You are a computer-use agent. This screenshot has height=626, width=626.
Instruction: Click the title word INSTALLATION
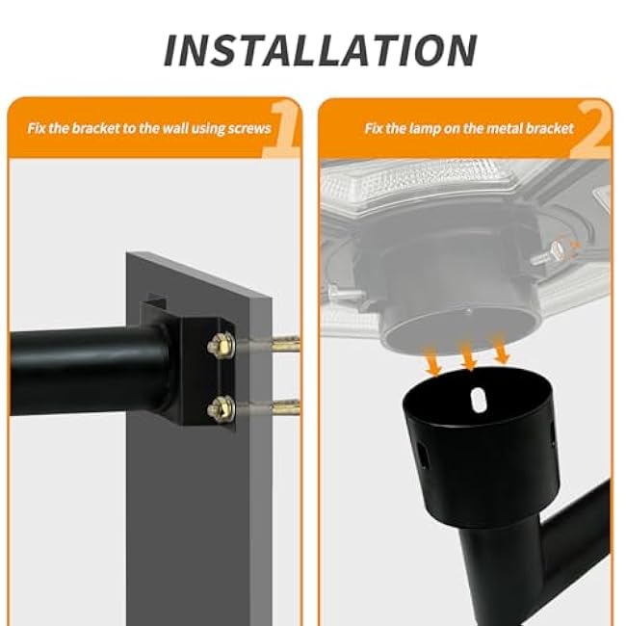(x=319, y=50)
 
